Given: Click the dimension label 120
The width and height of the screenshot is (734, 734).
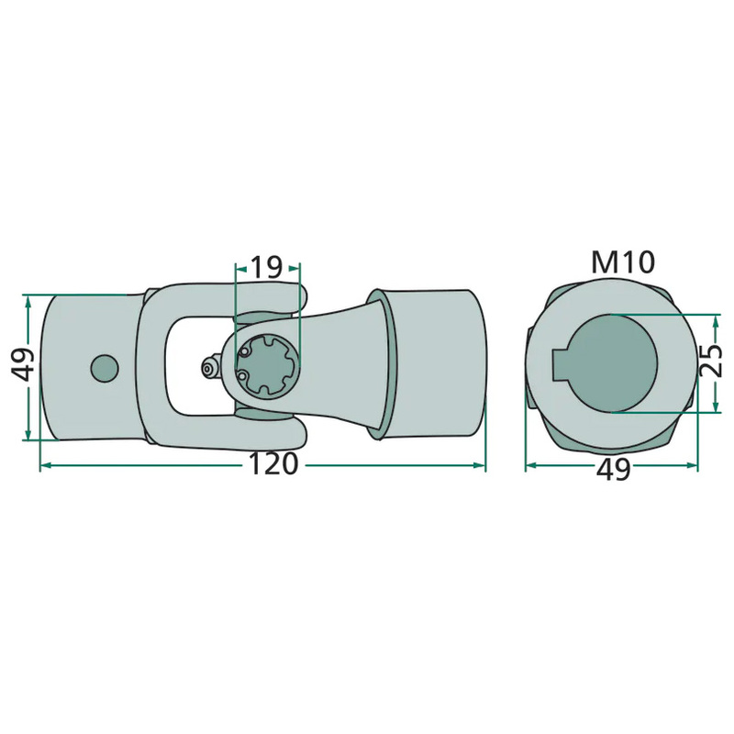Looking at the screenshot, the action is [x=272, y=464].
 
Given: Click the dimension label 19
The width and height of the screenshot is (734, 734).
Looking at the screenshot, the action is [x=267, y=267].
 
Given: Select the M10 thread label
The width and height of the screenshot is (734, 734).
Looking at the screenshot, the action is [x=622, y=262].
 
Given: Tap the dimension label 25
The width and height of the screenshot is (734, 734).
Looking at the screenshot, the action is [x=711, y=360].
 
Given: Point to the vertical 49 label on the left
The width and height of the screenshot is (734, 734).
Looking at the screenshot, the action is [x=22, y=364].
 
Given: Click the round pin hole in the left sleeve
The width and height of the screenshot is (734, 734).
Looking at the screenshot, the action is [x=104, y=368].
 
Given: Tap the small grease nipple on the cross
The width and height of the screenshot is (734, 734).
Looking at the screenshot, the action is [x=208, y=368].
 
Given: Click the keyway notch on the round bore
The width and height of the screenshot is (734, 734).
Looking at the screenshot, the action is [x=560, y=364].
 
